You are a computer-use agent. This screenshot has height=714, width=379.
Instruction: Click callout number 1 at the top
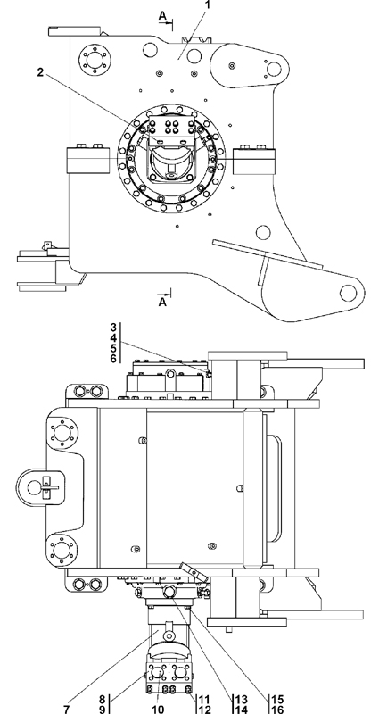pos(208,4)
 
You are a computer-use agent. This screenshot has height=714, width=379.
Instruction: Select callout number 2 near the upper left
pos(40,72)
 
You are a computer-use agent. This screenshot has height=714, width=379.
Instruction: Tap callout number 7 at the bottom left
pos(67,709)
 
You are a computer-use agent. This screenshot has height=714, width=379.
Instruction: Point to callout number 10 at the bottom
pos(158,709)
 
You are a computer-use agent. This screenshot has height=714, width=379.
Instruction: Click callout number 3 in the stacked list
pos(113,328)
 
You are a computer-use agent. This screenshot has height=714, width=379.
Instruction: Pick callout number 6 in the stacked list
pos(113,359)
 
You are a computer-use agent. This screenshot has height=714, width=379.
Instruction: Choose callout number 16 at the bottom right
pos(277,709)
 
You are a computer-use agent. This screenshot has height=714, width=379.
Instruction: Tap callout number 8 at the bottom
pos(103,699)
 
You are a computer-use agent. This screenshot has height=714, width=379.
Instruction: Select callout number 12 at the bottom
pos(204,709)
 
